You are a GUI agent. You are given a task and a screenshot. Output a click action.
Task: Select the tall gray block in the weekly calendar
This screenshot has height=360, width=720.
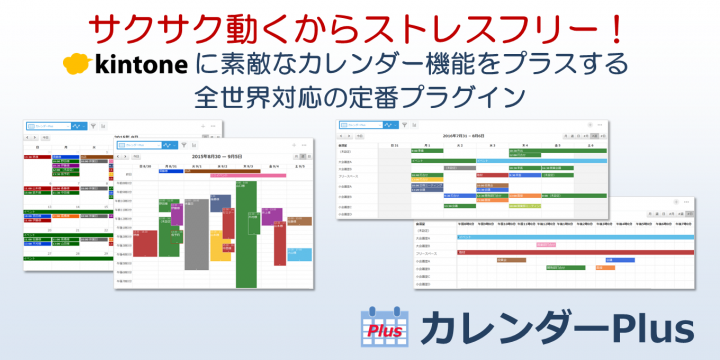click(197, 246)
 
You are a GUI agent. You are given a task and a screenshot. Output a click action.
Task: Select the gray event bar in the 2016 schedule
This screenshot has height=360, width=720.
click(434, 167)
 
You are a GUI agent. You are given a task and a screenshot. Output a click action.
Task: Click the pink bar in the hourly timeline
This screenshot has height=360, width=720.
click(545, 244)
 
